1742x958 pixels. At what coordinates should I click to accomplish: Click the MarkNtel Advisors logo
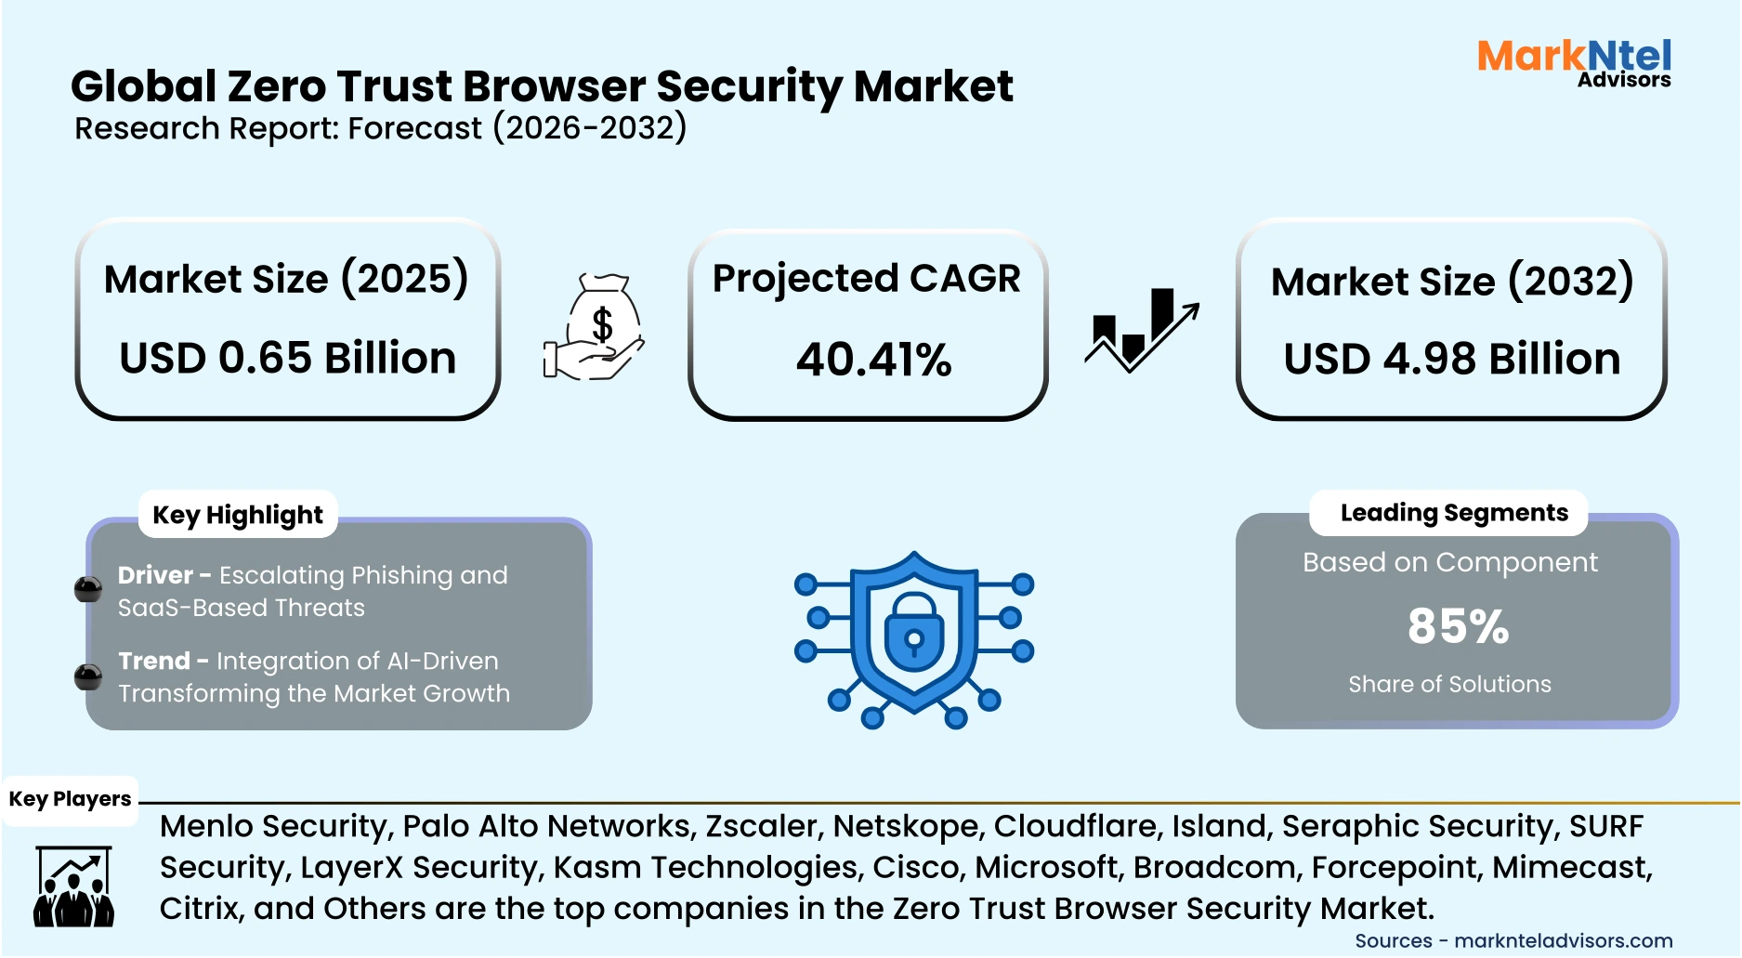click(1574, 62)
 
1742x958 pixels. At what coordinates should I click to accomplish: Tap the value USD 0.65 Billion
click(288, 359)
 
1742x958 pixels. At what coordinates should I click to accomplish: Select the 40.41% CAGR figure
click(873, 360)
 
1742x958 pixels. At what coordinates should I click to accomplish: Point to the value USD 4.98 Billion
click(1451, 360)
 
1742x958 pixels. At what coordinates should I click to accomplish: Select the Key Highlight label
click(238, 515)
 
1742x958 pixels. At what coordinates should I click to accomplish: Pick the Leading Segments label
click(1453, 513)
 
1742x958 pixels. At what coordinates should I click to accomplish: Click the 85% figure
click(1457, 626)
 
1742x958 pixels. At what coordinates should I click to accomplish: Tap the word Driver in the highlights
click(155, 575)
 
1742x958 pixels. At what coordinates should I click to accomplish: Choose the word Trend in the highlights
click(153, 661)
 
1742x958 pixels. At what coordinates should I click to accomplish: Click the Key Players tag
click(70, 799)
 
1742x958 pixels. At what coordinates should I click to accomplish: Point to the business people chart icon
click(73, 886)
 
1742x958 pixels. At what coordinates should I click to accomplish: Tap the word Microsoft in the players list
click(1046, 867)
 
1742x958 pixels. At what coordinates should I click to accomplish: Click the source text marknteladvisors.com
click(1563, 940)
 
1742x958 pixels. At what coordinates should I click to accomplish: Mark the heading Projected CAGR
click(866, 279)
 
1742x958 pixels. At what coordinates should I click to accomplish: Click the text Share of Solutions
click(1449, 685)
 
